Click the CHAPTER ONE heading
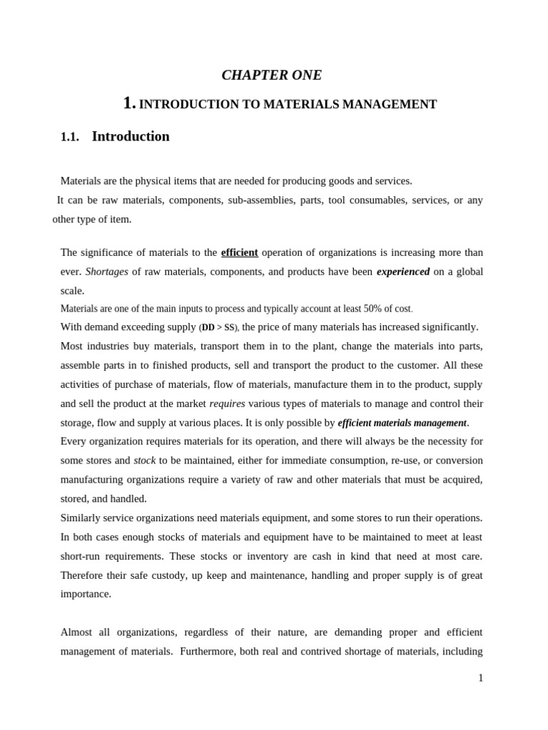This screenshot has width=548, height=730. click(272, 75)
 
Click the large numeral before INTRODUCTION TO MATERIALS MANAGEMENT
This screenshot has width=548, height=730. click(128, 103)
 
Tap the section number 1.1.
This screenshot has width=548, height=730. click(70, 137)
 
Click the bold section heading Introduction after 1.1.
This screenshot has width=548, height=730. click(131, 136)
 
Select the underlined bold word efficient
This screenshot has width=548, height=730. click(240, 252)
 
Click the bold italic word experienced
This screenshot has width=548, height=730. click(402, 272)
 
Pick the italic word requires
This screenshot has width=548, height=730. click(227, 403)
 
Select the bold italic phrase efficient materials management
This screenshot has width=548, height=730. click(402, 423)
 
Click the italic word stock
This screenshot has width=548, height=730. click(145, 461)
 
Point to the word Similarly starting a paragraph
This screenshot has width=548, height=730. click(83, 518)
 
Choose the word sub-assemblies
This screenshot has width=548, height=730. click(261, 200)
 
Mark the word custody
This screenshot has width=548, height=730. click(169, 575)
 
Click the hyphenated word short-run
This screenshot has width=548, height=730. click(83, 556)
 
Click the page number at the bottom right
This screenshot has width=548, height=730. click(480, 678)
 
